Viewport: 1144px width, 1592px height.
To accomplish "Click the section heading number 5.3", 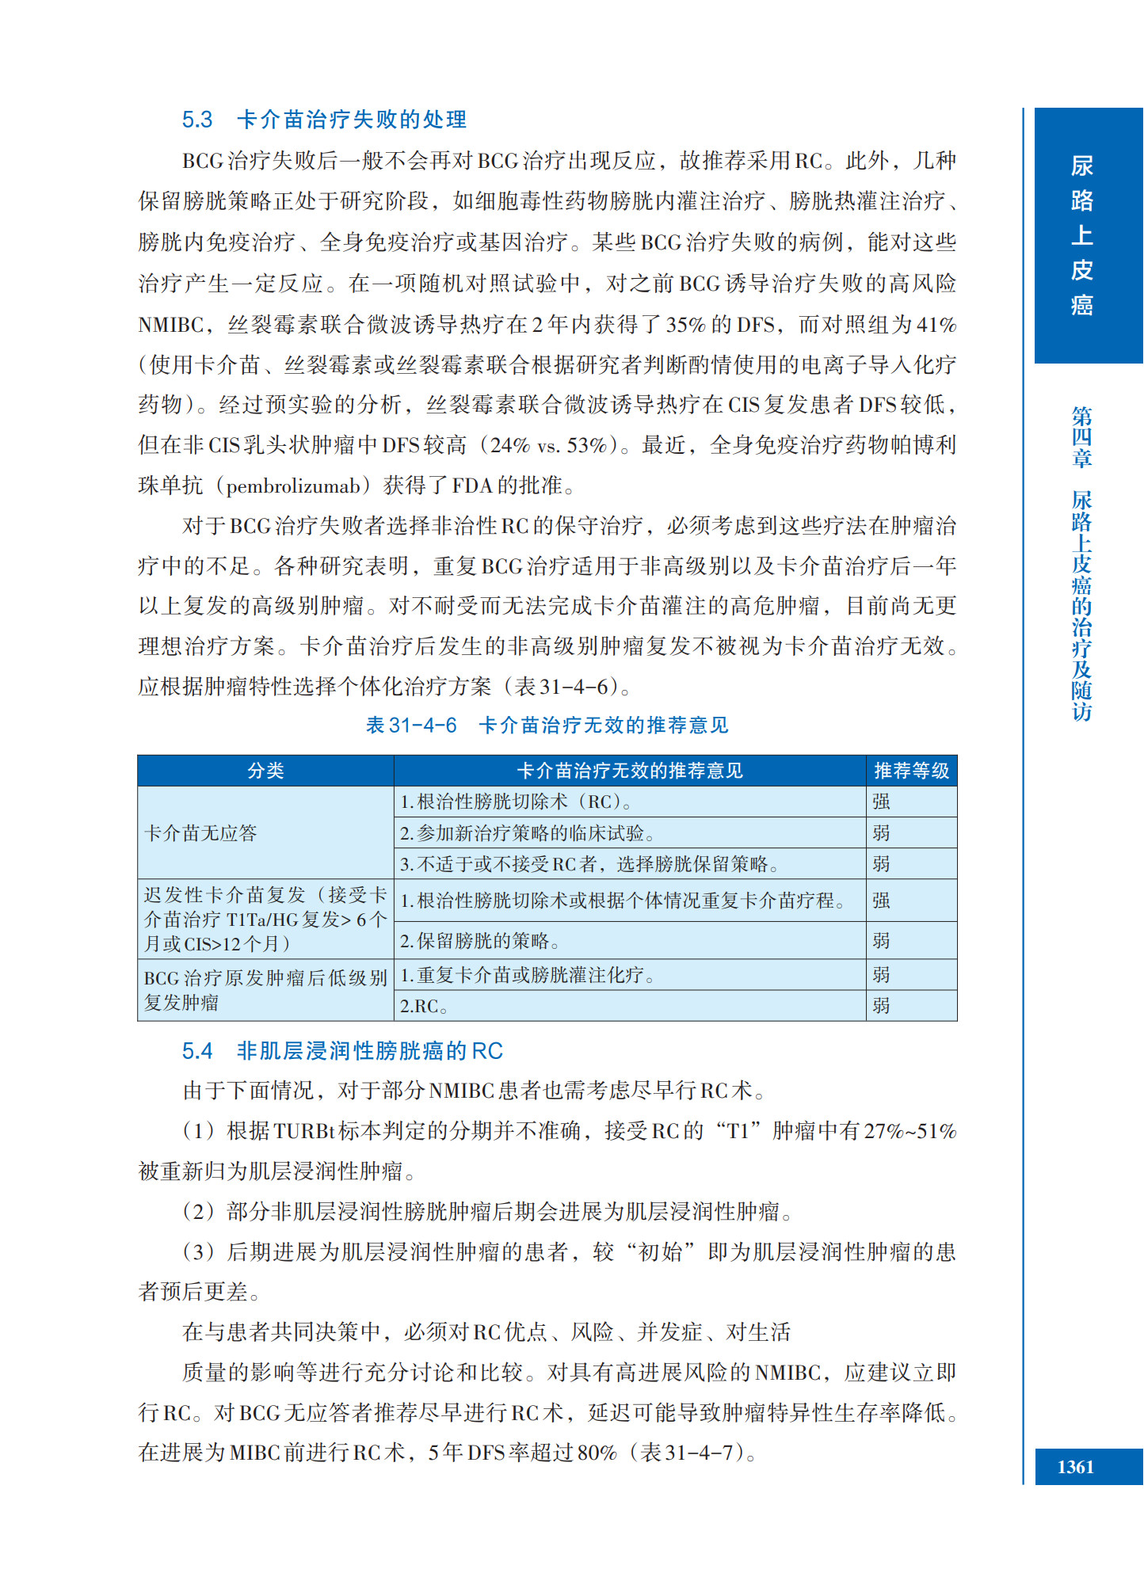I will [x=197, y=120].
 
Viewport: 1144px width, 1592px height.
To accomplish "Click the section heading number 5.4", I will [x=197, y=1050].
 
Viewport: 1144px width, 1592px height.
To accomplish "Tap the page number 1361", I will [x=1075, y=1467].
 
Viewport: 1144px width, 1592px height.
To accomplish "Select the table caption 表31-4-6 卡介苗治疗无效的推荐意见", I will [x=547, y=725].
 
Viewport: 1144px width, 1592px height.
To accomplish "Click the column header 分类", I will [x=265, y=771].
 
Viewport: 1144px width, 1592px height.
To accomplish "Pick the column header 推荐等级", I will [x=911, y=771].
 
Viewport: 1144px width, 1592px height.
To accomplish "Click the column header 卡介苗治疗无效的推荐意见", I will [x=630, y=771].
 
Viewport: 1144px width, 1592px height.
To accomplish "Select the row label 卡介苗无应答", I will [x=201, y=832].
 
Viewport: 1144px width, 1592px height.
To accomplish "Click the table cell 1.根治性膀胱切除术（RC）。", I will [x=516, y=802].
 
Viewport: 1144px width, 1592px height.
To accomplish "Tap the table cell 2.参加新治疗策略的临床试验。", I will [x=527, y=833].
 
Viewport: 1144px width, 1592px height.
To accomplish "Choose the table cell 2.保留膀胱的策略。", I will [x=480, y=941].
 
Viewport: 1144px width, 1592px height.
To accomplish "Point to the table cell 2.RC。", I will [x=424, y=1006].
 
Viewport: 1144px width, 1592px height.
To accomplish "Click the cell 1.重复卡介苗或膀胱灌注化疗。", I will [x=527, y=975].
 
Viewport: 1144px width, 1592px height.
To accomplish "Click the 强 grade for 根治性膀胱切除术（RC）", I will [x=882, y=802].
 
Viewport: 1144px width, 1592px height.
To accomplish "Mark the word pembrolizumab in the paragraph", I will [x=293, y=486].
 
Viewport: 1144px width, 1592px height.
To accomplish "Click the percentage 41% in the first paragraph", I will [x=936, y=324].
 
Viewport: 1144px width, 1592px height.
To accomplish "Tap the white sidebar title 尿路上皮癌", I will [x=1081, y=235].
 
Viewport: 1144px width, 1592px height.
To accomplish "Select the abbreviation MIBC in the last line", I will [x=255, y=1453].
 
